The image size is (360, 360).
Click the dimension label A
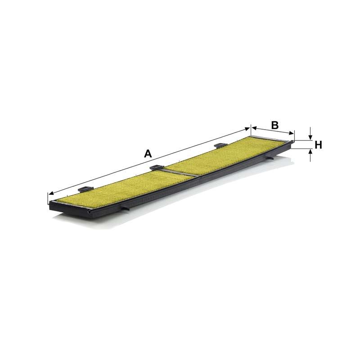[x=148, y=153]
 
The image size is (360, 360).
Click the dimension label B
[x=274, y=125]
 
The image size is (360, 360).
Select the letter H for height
[x=318, y=145]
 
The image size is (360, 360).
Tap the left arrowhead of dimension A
[x=51, y=193]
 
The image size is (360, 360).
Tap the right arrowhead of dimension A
[x=247, y=129]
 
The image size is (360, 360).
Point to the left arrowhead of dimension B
[x=254, y=127]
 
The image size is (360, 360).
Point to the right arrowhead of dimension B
[x=291, y=133]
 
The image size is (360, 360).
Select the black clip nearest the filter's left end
[x=85, y=189]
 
